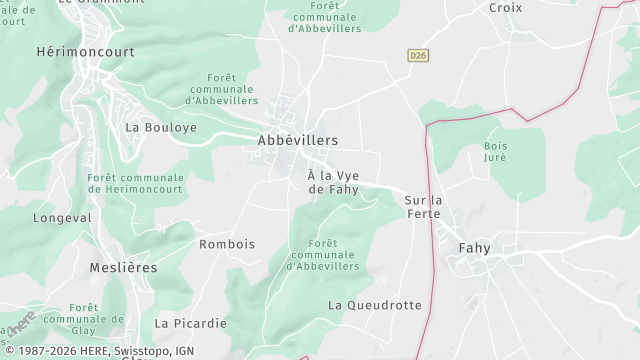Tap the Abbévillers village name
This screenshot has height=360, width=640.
(298, 141)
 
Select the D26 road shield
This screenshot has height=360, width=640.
(418, 56)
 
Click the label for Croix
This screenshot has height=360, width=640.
(505, 7)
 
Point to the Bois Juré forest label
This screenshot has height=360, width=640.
(495, 152)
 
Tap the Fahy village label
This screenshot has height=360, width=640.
(474, 248)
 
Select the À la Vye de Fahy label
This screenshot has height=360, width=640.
(333, 182)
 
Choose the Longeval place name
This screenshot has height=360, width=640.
(62, 217)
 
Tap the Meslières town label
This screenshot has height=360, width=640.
(95, 268)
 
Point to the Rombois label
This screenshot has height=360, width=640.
(227, 244)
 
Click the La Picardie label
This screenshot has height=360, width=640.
(190, 323)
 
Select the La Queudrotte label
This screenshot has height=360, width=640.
(375, 304)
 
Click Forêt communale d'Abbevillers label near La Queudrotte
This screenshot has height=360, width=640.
(322, 255)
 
